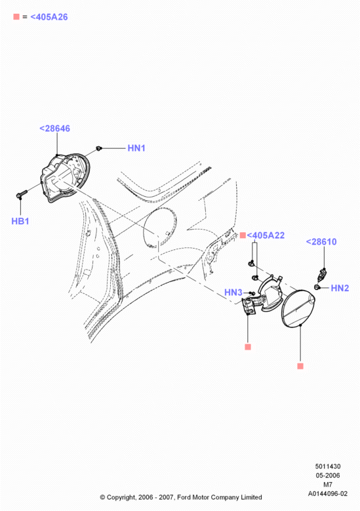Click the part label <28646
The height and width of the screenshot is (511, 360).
pyautogui.click(x=54, y=129)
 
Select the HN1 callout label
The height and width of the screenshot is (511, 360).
pyautogui.click(x=136, y=148)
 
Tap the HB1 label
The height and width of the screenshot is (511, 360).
pyautogui.click(x=20, y=221)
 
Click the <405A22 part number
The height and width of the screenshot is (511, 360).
pyautogui.click(x=266, y=235)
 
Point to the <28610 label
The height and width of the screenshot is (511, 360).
pyautogui.click(x=321, y=242)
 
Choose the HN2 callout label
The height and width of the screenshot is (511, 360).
pyautogui.click(x=340, y=288)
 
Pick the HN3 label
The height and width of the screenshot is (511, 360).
pyautogui.click(x=233, y=293)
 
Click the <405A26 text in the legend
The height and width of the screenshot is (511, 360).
pyautogui.click(x=49, y=17)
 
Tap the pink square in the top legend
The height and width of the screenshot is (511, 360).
pyautogui.click(x=16, y=16)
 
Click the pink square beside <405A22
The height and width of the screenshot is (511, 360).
pyautogui.click(x=243, y=235)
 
